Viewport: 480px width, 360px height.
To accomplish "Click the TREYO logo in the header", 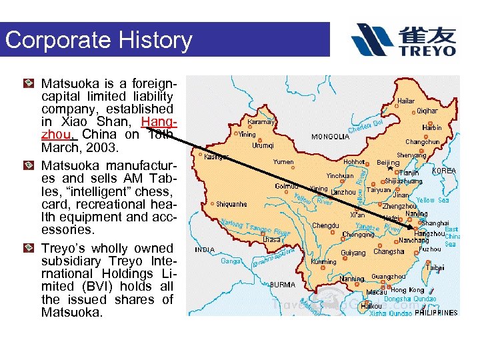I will [404, 40].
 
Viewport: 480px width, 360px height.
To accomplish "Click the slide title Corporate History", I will [98, 40].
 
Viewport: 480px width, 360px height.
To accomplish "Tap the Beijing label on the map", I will [387, 163].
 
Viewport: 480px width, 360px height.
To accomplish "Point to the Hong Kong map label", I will [407, 290].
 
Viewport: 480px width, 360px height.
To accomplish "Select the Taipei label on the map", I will [435, 267].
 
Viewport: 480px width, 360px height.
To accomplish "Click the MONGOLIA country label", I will [330, 137].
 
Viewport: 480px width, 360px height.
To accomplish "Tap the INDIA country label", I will [205, 250].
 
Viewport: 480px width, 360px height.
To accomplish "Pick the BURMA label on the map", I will [283, 285].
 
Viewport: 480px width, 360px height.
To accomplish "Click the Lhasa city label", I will [271, 239].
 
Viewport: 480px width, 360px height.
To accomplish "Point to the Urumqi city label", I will [263, 145].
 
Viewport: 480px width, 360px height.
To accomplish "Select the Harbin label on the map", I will [431, 127].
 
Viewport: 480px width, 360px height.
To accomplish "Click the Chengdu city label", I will [325, 226].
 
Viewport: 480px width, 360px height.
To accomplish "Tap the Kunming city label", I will [324, 262].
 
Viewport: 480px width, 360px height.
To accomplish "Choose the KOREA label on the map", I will [444, 171].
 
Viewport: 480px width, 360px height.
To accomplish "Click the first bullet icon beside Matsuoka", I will [28, 84].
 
